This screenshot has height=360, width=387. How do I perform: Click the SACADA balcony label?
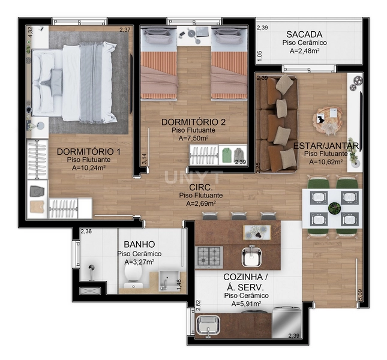305,34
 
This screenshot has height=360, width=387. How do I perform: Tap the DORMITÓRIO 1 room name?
88,151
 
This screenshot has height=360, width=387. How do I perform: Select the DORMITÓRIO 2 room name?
193,122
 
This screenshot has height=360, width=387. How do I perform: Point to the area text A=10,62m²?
325,161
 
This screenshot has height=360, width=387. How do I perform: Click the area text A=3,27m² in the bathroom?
139,262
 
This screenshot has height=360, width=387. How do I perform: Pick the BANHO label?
139,245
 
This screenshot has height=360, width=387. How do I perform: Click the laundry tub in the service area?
208,326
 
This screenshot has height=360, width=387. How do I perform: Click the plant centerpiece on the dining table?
334,208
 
